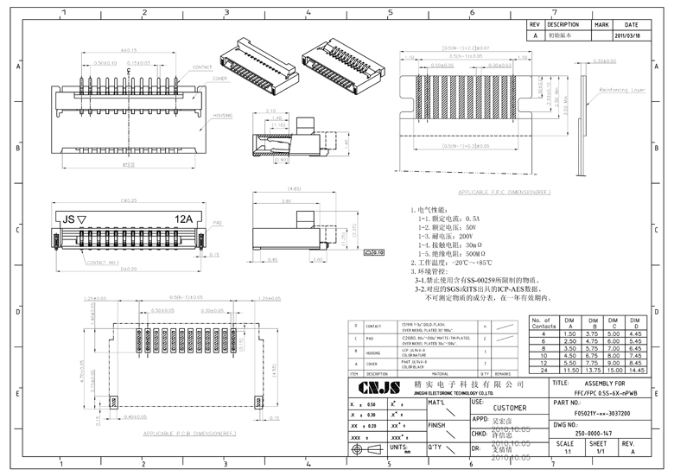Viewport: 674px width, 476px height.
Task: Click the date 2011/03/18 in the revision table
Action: click(628, 36)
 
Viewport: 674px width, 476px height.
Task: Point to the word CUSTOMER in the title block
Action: click(509, 409)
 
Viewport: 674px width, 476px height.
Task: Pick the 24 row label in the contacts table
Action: click(543, 370)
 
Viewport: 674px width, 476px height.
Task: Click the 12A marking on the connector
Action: click(183, 219)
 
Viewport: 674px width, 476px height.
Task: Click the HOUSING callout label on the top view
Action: click(222, 114)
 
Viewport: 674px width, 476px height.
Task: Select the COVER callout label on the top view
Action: click(220, 77)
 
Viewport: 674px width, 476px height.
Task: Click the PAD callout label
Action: click(218, 223)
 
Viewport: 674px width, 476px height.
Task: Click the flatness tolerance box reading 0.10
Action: click(375, 252)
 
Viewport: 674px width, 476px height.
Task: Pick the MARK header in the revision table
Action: click(601, 25)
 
